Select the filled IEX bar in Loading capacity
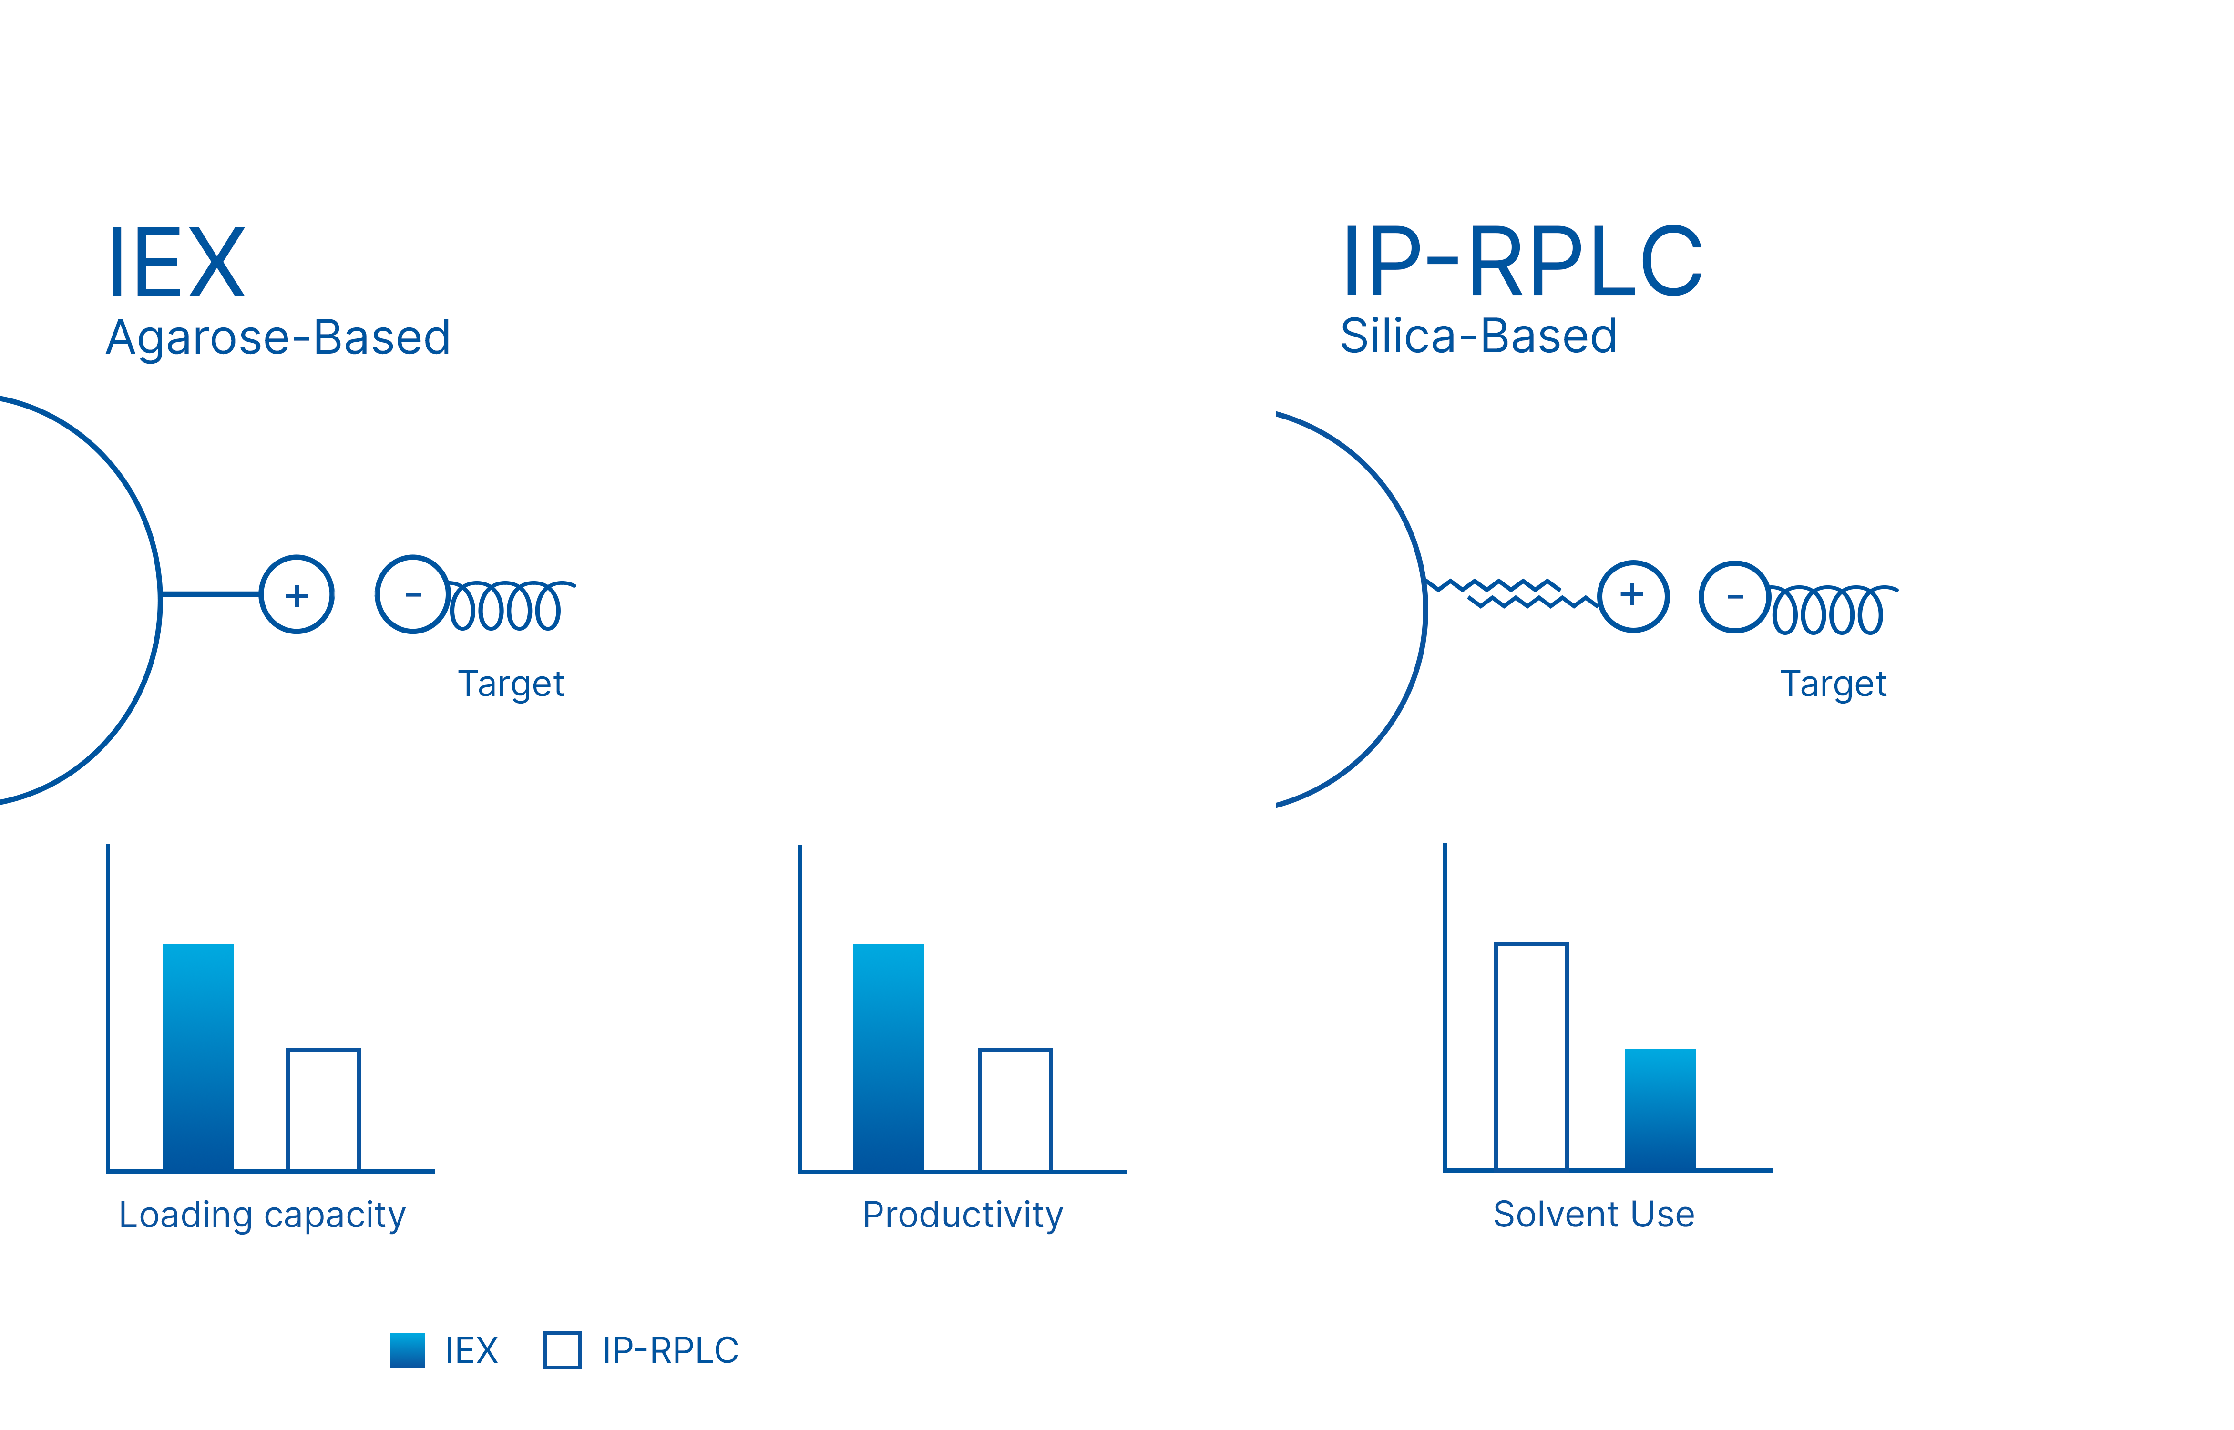198,1057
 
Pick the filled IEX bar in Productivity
888,1057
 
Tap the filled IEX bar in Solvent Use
1660,1109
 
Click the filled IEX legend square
408,1350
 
